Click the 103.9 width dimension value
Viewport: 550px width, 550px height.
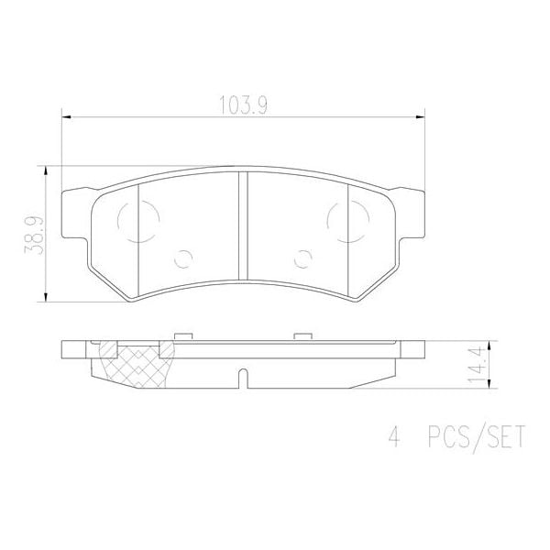(243, 104)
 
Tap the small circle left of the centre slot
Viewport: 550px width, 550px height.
(184, 259)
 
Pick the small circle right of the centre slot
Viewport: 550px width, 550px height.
(302, 259)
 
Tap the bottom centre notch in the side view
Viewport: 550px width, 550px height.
(243, 378)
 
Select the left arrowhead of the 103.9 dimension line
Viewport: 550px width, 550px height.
(65, 116)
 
